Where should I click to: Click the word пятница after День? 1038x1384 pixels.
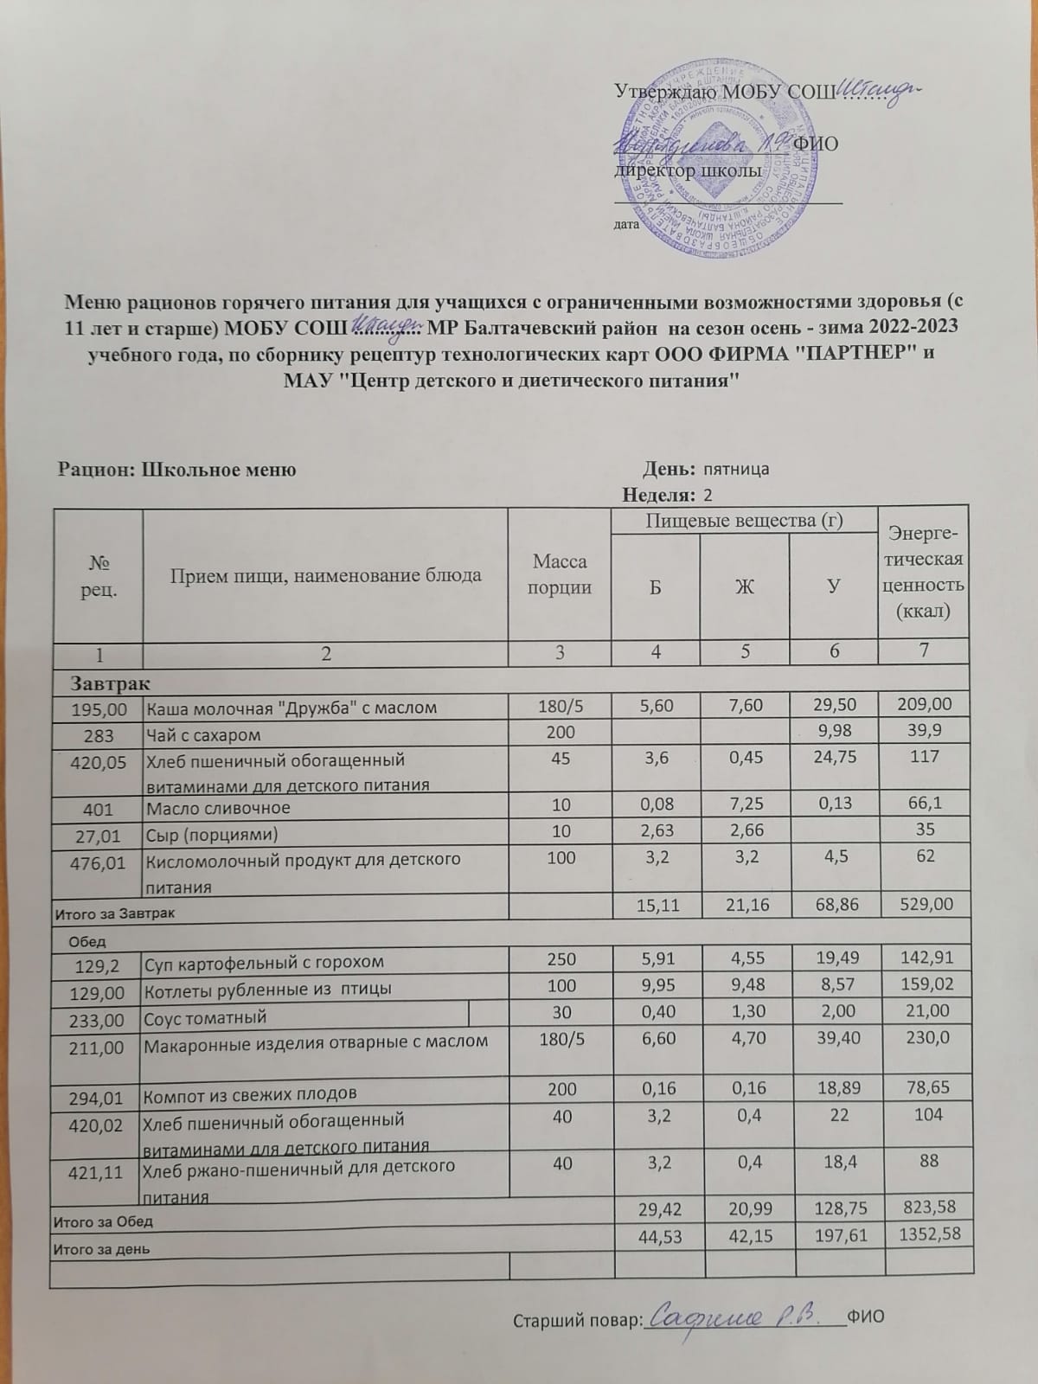735,470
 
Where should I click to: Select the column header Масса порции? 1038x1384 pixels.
560,574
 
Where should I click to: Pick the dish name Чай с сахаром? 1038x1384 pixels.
204,734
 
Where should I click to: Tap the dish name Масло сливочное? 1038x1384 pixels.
218,808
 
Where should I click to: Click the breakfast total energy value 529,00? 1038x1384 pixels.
925,904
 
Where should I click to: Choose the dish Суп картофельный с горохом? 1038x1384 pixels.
264,962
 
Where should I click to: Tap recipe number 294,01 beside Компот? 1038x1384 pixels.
98,1094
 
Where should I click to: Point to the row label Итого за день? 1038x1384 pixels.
102,1248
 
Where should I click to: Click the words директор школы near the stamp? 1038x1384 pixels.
688,170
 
